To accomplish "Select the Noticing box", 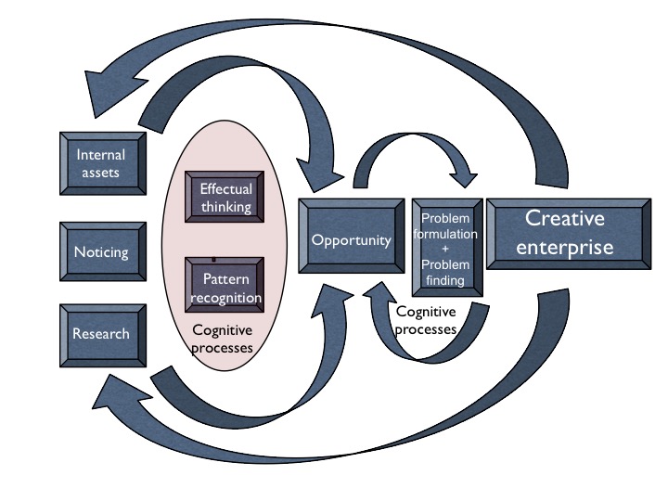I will [x=101, y=251].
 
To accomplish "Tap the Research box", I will [x=101, y=334].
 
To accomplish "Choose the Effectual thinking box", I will [x=225, y=198].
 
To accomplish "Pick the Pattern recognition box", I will [x=225, y=288].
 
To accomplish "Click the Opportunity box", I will [x=351, y=239].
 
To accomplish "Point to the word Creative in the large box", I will [x=564, y=219].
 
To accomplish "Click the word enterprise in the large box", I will [x=564, y=247].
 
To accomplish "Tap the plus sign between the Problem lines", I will [x=447, y=250].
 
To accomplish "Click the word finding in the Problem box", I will [x=447, y=280].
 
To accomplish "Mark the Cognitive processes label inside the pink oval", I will [x=223, y=339].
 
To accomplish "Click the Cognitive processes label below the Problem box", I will [x=426, y=321].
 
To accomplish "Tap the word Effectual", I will [x=225, y=189].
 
